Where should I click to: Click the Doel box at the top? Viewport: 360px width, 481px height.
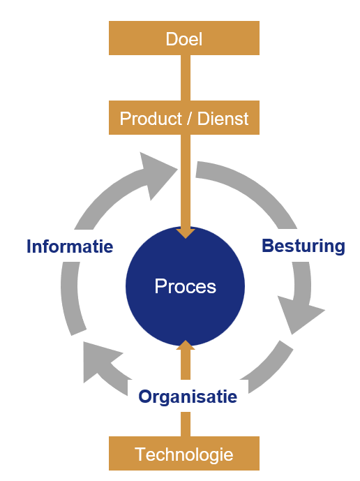pyautogui.click(x=184, y=38)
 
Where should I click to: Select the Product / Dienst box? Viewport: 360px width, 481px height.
pyautogui.click(x=184, y=118)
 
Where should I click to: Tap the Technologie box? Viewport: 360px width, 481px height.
pyautogui.click(x=184, y=454)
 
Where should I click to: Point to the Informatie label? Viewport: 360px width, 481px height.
pyautogui.click(x=70, y=246)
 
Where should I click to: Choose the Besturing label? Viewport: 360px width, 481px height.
pyautogui.click(x=303, y=246)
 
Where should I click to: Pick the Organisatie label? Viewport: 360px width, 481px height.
pyautogui.click(x=188, y=397)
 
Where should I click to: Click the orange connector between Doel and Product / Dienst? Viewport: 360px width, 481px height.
pyautogui.click(x=185, y=77)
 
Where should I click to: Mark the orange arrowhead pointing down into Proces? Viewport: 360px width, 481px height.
pyautogui.click(x=185, y=232)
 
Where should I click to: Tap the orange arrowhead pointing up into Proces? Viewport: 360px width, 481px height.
pyautogui.click(x=185, y=345)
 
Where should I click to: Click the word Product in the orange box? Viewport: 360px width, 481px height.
pyautogui.click(x=147, y=119)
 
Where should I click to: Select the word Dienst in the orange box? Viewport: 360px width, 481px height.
pyautogui.click(x=223, y=119)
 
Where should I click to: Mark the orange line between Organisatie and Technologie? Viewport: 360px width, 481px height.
pyautogui.click(x=185, y=424)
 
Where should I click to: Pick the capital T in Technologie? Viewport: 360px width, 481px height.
pyautogui.click(x=140, y=454)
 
